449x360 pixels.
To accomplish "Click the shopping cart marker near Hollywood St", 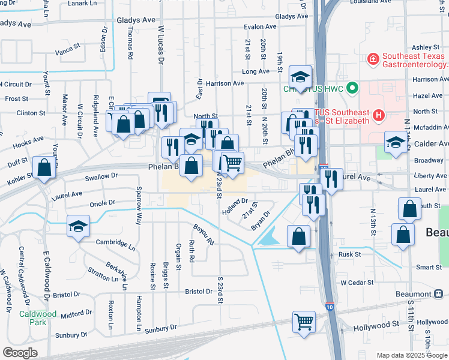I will (304, 321).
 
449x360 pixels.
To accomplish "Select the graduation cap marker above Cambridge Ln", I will (78, 227).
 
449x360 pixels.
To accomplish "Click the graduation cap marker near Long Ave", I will (300, 77).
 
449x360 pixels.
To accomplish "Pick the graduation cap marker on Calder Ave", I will (396, 142).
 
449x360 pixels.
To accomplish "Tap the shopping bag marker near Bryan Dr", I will (299, 236).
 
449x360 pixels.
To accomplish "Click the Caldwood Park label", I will (37, 318).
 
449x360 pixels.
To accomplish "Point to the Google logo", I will (20, 353).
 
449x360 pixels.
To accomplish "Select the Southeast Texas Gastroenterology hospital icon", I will (373, 59).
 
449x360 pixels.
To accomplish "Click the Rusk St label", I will (349, 254).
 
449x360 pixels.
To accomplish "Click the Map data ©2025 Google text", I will (411, 355).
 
